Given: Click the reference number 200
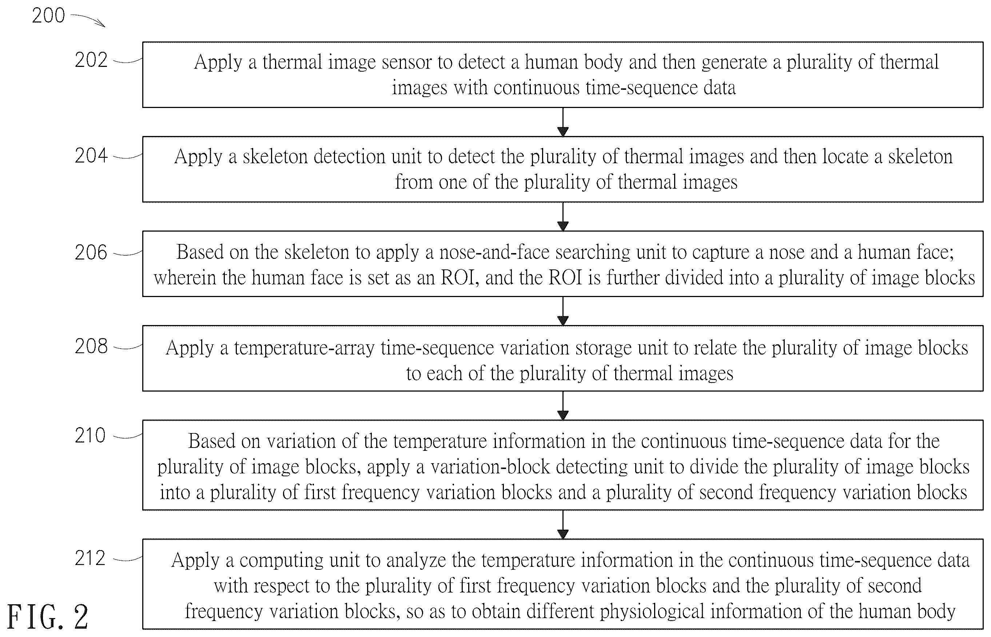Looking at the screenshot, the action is [x=48, y=16].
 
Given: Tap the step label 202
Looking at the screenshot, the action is [x=91, y=60].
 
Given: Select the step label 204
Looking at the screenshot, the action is [x=91, y=156].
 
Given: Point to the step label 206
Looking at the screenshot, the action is [x=91, y=252].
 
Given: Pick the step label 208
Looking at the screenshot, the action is [x=91, y=346].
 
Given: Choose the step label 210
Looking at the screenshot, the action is [x=90, y=436].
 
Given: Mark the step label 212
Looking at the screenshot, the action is [x=90, y=558].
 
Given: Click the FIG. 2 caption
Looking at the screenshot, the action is [x=48, y=617].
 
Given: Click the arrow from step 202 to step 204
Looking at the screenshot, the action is [x=563, y=122].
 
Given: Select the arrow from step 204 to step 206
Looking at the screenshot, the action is [x=563, y=216].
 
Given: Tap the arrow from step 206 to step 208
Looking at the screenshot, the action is [x=563, y=311].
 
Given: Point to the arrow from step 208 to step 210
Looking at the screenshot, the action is [x=563, y=405].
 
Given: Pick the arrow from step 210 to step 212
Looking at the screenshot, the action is [x=563, y=525].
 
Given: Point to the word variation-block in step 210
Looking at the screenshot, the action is [x=490, y=467].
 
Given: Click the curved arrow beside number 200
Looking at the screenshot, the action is [x=88, y=19].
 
